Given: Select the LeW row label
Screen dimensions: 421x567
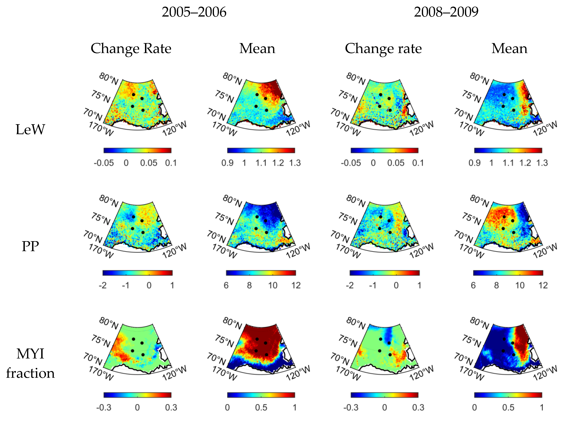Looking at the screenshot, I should [x=30, y=130].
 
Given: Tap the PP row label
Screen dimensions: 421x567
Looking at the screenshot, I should [x=30, y=247].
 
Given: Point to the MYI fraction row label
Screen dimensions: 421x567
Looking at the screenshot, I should [x=30, y=363].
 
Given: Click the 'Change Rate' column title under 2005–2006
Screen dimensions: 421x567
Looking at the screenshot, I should [x=131, y=48].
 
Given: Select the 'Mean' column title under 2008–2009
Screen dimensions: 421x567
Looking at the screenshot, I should [x=509, y=48].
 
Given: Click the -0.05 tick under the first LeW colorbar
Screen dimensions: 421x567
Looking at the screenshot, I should [x=104, y=163].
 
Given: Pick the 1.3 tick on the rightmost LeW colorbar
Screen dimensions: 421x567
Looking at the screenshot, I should [x=542, y=163].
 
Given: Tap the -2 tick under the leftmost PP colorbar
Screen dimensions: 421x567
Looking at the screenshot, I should [x=103, y=285].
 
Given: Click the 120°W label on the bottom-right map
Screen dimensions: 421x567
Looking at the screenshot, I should [x=545, y=373].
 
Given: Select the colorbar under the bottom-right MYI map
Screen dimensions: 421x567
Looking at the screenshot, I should [x=508, y=395].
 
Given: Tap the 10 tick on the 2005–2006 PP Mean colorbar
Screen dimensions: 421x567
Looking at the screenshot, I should [x=272, y=285].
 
